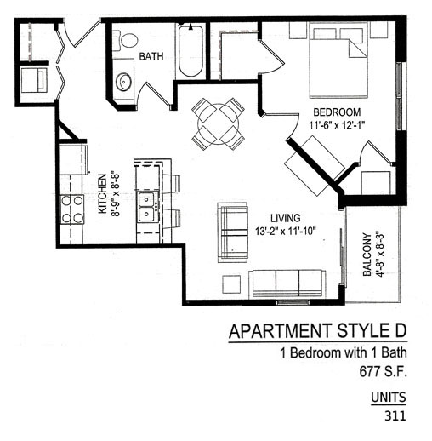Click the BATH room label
pos(151,56)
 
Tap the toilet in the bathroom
pos(126,40)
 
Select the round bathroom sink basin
pos(123,82)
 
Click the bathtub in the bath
pos(190,51)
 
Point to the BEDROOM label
pos(337,112)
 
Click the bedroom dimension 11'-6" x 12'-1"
pos(336,125)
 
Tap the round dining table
pos(219,123)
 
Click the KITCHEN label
pos(102,193)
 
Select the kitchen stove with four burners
pos(72,209)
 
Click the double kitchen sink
pos(146,206)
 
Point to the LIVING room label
pos(286,218)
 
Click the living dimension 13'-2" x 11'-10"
pos(286,232)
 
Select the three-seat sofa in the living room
pos(287,284)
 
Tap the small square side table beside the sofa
pos(231,284)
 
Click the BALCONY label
pos(367,255)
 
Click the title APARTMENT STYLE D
pos(318,331)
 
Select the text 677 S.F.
pos(383,371)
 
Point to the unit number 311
pos(395,416)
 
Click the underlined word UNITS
pos(389,398)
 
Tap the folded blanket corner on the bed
pos(355,50)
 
